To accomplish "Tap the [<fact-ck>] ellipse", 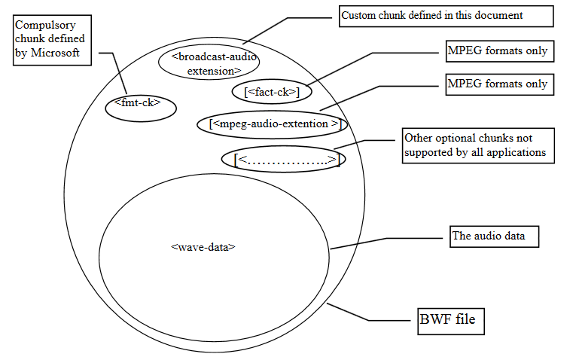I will [x=272, y=92].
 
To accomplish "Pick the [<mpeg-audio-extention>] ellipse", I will [x=274, y=124].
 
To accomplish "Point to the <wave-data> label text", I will [x=203, y=246].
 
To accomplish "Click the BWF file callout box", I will [x=451, y=321].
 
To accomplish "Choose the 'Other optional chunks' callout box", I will [x=478, y=145].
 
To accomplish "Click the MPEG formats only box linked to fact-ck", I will [x=497, y=51].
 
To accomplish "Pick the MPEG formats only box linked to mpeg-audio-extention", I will [x=497, y=84].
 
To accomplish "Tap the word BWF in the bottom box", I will [x=435, y=321].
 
